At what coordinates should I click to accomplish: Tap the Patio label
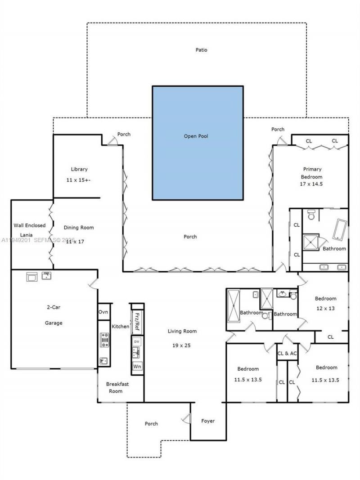201,50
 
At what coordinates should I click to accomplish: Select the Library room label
79,169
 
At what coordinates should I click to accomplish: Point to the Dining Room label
79,228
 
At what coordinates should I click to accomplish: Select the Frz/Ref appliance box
137,322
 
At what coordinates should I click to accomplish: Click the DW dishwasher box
137,342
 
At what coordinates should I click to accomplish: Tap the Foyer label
208,421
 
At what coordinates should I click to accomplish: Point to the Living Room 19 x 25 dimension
182,345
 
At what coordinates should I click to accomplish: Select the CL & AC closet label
287,353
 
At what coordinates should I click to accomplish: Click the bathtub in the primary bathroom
340,229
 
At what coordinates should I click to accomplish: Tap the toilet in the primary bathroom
311,215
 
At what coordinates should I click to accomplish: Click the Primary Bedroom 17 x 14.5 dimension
312,184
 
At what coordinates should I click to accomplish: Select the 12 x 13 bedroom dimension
325,309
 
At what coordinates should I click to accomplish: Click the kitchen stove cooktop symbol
105,340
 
